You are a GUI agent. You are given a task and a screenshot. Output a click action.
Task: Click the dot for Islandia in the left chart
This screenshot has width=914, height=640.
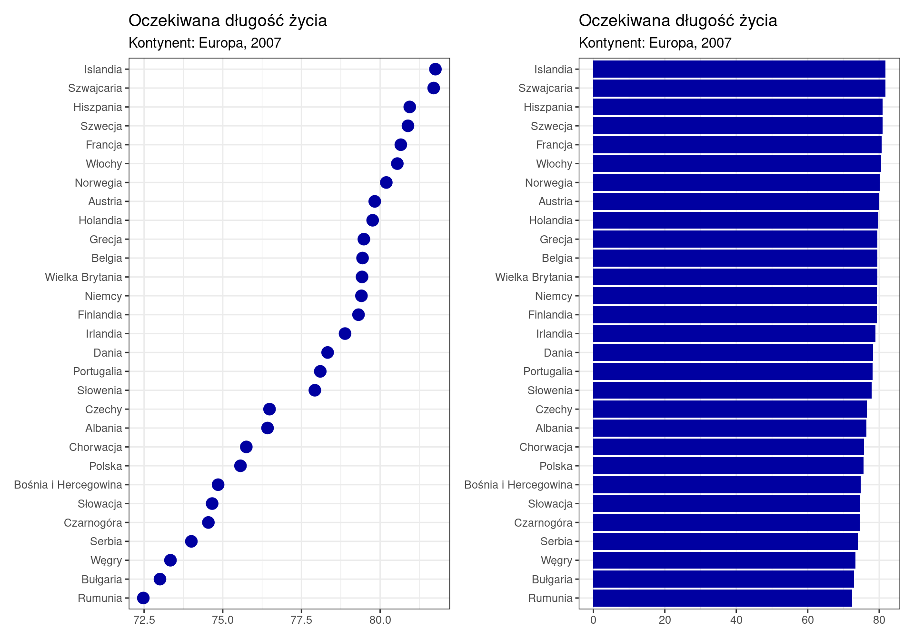click(x=435, y=69)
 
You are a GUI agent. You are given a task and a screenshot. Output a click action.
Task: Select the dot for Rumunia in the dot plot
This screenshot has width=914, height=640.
click(x=143, y=598)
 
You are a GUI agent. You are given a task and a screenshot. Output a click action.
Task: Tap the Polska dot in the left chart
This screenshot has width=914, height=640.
click(x=240, y=466)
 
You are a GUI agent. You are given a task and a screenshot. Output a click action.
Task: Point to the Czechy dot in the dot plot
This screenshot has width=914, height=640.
click(x=269, y=409)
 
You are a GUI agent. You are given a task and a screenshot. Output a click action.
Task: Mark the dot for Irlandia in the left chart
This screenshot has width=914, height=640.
click(x=345, y=334)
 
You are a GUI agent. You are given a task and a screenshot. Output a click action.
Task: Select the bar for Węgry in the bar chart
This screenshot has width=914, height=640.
click(x=724, y=560)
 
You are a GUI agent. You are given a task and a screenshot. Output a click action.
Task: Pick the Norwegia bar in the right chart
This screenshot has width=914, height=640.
click(x=736, y=182)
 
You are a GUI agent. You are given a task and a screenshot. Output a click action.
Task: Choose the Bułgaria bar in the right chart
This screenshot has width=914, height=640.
click(x=723, y=579)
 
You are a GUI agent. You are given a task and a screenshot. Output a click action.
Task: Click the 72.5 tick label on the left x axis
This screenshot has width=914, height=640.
click(x=144, y=620)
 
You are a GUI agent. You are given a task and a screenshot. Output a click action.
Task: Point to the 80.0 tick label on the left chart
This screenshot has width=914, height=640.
click(x=380, y=620)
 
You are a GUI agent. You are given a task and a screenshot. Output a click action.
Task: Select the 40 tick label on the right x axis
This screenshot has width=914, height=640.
click(x=736, y=620)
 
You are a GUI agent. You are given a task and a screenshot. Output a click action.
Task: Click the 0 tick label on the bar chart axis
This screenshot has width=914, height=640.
click(x=593, y=620)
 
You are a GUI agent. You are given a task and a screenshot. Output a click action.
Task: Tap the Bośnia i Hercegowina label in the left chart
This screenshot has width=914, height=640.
click(x=68, y=485)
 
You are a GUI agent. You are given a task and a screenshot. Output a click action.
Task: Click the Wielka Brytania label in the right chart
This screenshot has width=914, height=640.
click(x=533, y=277)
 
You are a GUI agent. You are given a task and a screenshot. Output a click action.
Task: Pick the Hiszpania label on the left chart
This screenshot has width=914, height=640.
click(x=98, y=107)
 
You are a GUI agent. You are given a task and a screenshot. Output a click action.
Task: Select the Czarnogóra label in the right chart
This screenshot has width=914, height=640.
click(x=543, y=523)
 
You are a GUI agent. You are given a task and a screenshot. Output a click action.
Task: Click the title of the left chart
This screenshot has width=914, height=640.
click(x=228, y=20)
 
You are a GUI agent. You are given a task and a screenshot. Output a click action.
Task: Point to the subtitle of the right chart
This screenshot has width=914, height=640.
click(x=655, y=43)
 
